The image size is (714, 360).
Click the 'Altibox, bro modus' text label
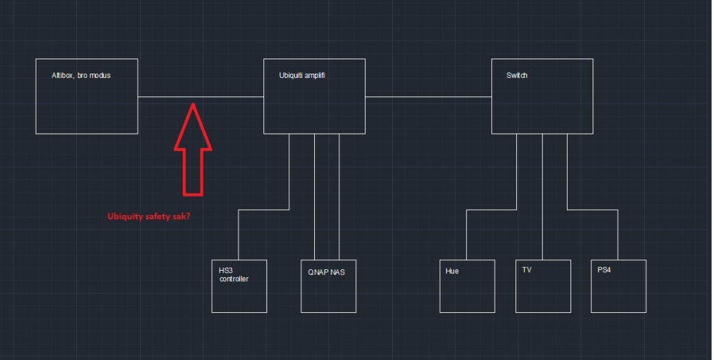pos(81,75)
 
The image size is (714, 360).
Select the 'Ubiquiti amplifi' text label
pos(303,75)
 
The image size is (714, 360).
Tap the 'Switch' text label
pos(517,75)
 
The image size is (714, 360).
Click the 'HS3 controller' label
pos(233,275)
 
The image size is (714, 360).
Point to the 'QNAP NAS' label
pos(327,271)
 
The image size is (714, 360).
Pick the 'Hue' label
pos(452,271)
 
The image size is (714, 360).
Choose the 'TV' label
pos(527,271)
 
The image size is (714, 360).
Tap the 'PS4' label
pos(605,271)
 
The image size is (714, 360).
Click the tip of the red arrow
pos(193,105)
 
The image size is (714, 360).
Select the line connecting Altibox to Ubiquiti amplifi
pos(164,96)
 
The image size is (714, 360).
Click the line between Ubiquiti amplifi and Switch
pos(428,96)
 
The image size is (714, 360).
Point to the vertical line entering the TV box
pos(543,200)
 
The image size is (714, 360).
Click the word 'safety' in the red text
pos(159,216)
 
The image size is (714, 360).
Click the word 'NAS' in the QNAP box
pos(338,271)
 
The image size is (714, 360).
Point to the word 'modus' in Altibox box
pos(100,75)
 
